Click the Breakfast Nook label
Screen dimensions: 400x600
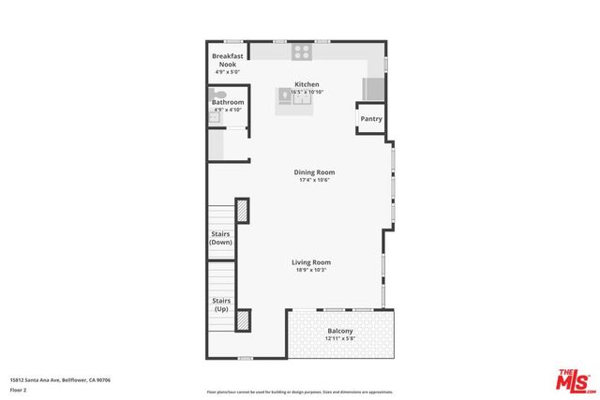point(228,60)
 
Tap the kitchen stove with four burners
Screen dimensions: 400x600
point(301,52)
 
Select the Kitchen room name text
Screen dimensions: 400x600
point(307,83)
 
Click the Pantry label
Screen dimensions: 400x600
point(371,119)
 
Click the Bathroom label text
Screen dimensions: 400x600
point(228,102)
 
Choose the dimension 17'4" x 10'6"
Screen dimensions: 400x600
point(314,181)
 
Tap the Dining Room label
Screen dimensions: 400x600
point(314,172)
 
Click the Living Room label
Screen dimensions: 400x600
point(311,262)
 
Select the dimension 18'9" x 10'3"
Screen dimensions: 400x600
point(311,271)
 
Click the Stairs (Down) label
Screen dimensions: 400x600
point(220,238)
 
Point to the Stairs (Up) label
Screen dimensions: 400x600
point(220,304)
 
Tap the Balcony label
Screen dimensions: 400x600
point(340,332)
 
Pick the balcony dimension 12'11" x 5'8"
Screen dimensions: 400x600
point(340,340)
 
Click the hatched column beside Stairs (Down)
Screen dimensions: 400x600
point(242,211)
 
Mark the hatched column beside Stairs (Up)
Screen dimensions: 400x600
point(244,320)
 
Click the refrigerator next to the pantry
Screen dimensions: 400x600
point(374,89)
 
